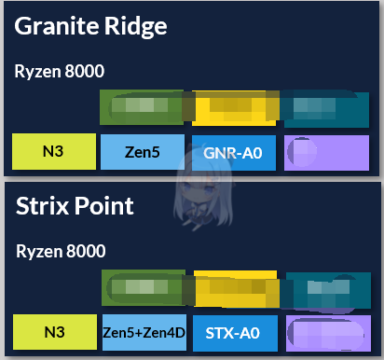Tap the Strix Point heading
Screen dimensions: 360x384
[x=75, y=206]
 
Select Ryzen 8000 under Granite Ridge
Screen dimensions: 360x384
[x=60, y=71]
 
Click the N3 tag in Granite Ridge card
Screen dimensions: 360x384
[x=54, y=151]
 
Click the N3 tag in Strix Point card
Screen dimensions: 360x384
[x=54, y=331]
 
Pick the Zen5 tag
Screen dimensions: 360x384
[x=142, y=151]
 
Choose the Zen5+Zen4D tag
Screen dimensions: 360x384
[x=142, y=331]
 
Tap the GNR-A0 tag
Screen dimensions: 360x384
[x=234, y=151]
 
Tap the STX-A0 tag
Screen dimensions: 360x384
[x=234, y=331]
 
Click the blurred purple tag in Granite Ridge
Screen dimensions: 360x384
[x=326, y=151]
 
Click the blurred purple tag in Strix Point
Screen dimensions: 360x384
[x=326, y=331]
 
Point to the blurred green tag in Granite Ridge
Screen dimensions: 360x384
[x=142, y=108]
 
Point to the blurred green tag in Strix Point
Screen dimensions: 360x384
[x=142, y=288]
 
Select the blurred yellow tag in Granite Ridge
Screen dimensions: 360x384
[x=234, y=108]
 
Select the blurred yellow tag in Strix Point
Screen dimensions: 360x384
[x=234, y=288]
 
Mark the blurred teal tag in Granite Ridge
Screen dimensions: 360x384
[x=326, y=108]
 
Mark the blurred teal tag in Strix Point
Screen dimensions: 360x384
[x=326, y=288]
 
